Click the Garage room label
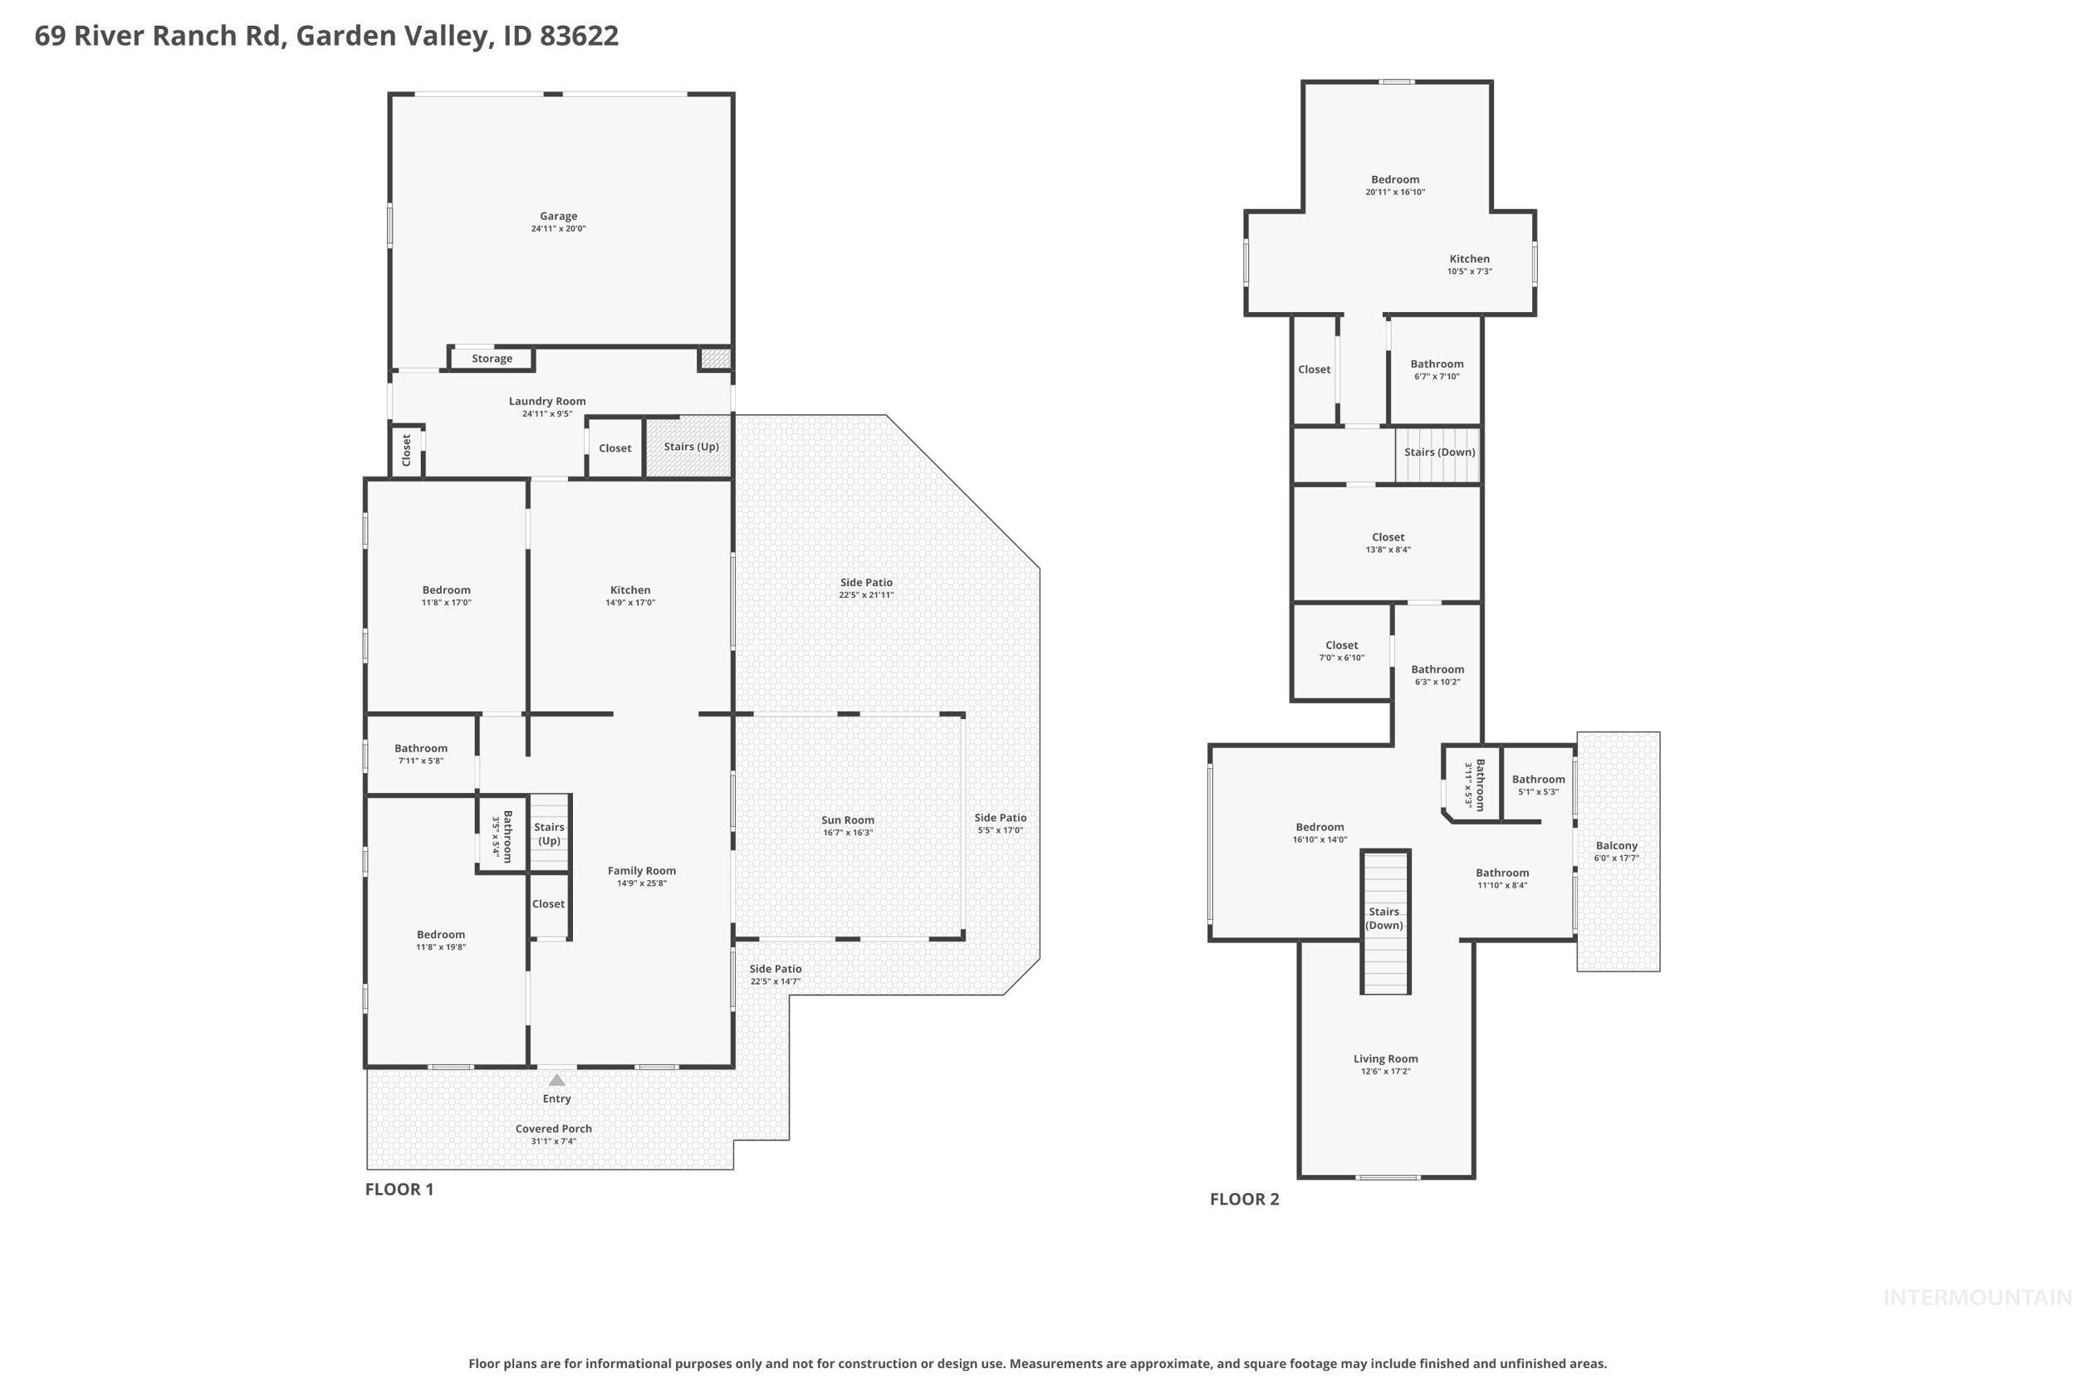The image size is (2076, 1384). (x=558, y=216)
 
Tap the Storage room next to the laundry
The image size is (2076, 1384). (x=492, y=359)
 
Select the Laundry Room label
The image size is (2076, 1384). (x=546, y=401)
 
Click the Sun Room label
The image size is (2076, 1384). (x=847, y=820)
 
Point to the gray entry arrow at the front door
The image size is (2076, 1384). (x=556, y=1079)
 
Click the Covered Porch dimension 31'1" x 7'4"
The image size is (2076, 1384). (x=553, y=1142)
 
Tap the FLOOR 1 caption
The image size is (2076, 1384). (x=399, y=1189)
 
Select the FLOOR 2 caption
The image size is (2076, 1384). (x=1244, y=1199)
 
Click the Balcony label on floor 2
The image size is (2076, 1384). (x=1616, y=845)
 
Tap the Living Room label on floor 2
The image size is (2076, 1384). (x=1385, y=1059)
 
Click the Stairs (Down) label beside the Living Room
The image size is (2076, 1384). (x=1383, y=918)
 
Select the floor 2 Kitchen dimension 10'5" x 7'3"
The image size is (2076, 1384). (x=1469, y=271)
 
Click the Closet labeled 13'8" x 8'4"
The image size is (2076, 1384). (x=1388, y=537)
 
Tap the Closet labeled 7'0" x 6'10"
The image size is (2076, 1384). (x=1341, y=645)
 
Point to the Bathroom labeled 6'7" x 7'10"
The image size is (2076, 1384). (x=1436, y=364)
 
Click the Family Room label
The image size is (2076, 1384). (x=641, y=871)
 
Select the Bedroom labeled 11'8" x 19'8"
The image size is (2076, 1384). (x=440, y=935)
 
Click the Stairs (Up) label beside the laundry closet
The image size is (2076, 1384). (x=690, y=447)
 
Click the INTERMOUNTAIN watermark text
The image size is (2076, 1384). (x=1976, y=1298)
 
